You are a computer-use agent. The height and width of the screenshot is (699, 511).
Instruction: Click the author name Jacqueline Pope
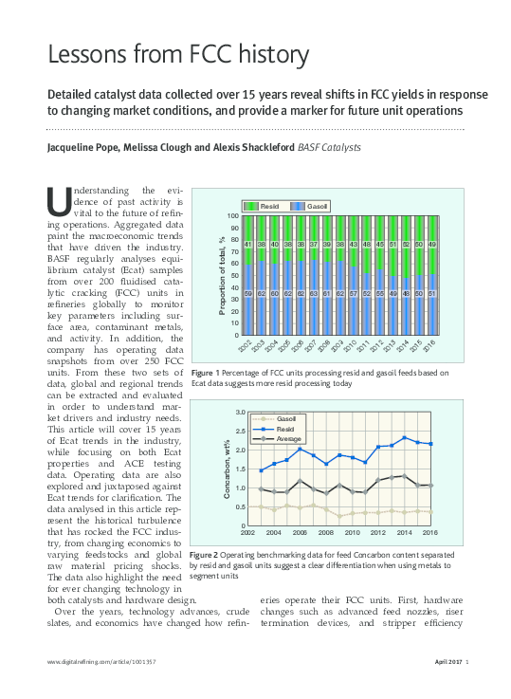pos(85,147)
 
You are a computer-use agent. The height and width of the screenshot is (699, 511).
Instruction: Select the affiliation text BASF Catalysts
pos(330,147)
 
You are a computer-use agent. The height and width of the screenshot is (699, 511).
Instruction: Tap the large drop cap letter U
pos(58,201)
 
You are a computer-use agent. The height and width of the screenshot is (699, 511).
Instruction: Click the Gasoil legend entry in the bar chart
pos(310,205)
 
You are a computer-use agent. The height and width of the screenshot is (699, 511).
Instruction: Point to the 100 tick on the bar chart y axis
pos(232,217)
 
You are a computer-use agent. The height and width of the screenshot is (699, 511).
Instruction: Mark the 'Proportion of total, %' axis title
pos(221,275)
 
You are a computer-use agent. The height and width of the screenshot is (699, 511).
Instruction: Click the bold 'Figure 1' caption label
pos(207,372)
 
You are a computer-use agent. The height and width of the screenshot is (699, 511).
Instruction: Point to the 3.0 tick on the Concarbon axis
pos(240,413)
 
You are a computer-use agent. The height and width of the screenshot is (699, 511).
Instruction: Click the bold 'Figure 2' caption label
pos(207,553)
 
